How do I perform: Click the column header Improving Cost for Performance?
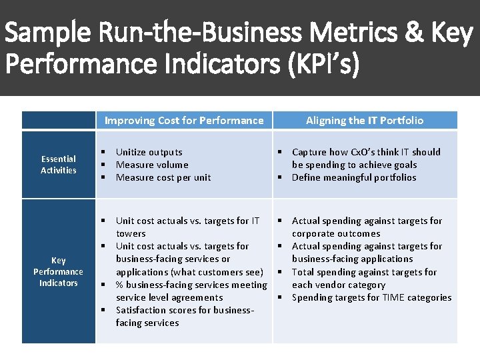pyautogui.click(x=184, y=121)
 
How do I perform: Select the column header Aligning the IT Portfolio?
pyautogui.click(x=364, y=121)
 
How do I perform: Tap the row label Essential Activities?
pyautogui.click(x=59, y=165)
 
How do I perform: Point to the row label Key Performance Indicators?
pyautogui.click(x=59, y=271)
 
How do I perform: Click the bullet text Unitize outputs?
pyautogui.click(x=149, y=152)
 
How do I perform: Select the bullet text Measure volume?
pyautogui.click(x=152, y=165)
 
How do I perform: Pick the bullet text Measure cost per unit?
pyautogui.click(x=163, y=177)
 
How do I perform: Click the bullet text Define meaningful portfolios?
pyautogui.click(x=354, y=177)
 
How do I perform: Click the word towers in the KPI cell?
pyautogui.click(x=131, y=233)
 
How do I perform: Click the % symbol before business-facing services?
pyautogui.click(x=120, y=285)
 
